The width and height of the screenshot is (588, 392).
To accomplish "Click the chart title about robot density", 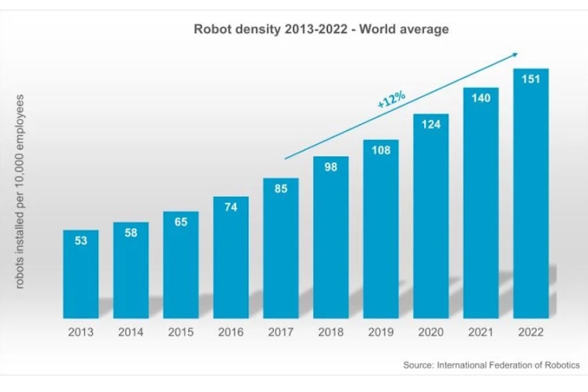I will pyautogui.click(x=320, y=29).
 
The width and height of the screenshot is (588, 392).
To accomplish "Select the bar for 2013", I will pyautogui.click(x=80, y=279).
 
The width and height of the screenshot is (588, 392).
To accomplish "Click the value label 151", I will pyautogui.click(x=531, y=79).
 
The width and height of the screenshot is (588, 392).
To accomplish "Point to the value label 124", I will pyautogui.click(x=431, y=124).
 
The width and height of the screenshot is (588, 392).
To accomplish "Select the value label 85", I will pyautogui.click(x=281, y=188).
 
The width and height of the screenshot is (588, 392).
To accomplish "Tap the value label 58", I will pyautogui.click(x=131, y=232).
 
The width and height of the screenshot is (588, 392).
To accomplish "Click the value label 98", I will pyautogui.click(x=331, y=167).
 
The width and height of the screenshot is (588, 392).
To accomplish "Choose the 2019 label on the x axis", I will pyautogui.click(x=381, y=332).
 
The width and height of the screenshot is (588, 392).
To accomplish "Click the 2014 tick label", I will pyautogui.click(x=131, y=332).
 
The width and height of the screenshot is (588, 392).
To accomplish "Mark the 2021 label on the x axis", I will pyautogui.click(x=481, y=332).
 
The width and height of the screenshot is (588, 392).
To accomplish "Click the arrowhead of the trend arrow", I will pyautogui.click(x=514, y=54).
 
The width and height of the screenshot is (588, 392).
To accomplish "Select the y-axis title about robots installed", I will pyautogui.click(x=20, y=191).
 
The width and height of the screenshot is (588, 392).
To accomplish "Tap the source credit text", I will pyautogui.click(x=491, y=365).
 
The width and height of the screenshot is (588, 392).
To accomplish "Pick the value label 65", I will pyautogui.click(x=180, y=222).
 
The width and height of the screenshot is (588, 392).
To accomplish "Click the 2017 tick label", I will pyautogui.click(x=281, y=332).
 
